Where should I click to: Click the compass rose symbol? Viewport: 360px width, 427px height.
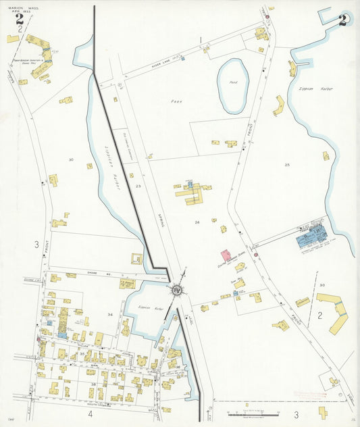(x=177, y=290)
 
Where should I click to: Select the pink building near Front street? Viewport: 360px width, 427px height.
(x=225, y=257)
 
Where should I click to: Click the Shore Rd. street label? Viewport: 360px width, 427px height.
(x=91, y=274)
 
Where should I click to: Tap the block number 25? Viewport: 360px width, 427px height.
(x=287, y=164)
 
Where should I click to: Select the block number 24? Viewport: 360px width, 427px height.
(x=197, y=222)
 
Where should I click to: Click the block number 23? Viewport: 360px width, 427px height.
(x=138, y=184)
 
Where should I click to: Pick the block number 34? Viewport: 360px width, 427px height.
(x=109, y=314)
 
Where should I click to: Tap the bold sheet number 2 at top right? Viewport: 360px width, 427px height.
(x=343, y=20)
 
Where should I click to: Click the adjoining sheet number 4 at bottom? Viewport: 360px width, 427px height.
(x=90, y=412)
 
